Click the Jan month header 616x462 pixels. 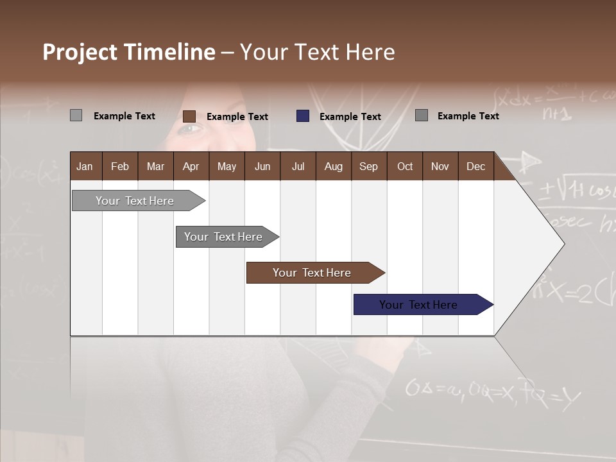(x=85, y=166)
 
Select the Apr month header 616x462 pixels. (x=191, y=166)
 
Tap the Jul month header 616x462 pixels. (x=298, y=166)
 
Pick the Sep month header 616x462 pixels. (x=368, y=166)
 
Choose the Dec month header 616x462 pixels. (x=475, y=166)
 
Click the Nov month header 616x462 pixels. (x=440, y=166)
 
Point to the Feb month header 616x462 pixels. (x=120, y=166)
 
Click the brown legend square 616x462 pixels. (x=189, y=116)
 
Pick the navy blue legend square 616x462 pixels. (x=303, y=116)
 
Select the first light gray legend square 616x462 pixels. (x=76, y=116)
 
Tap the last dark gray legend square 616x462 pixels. (x=422, y=116)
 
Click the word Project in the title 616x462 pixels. (x=80, y=52)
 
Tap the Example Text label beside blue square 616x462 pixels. (x=350, y=117)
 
